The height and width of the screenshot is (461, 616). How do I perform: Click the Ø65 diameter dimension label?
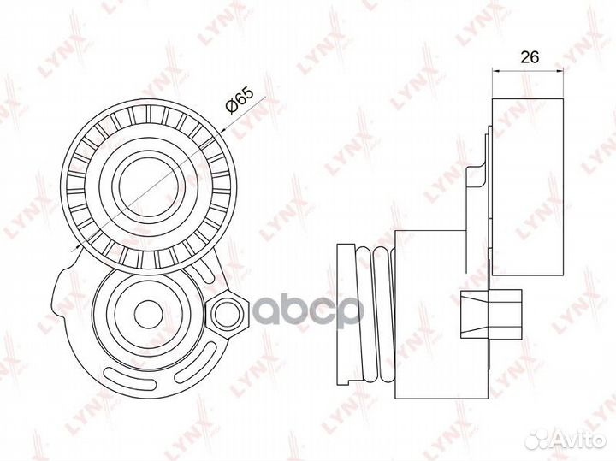239,100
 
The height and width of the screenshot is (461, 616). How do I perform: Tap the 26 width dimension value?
530,57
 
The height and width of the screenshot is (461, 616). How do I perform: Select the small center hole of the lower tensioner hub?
149,313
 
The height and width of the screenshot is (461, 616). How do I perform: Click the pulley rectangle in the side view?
529,186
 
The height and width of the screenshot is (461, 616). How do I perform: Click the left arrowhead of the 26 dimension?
495,71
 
